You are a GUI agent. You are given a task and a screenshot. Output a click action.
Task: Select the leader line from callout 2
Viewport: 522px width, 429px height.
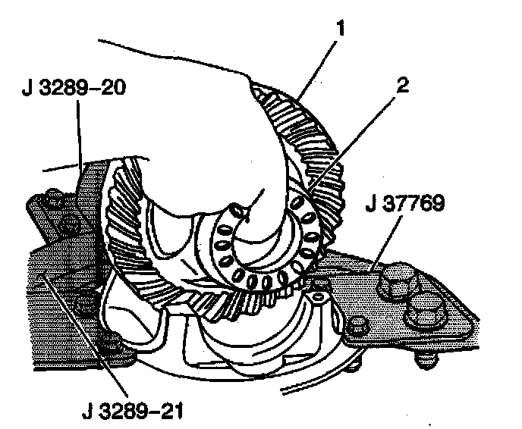tap(357, 136)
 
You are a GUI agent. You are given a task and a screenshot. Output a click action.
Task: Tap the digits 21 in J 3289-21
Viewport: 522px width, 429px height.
tap(171, 414)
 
